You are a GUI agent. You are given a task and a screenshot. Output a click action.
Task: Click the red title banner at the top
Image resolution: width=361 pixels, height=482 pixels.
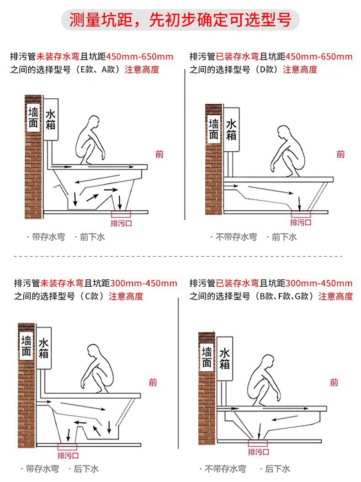coord(180,20)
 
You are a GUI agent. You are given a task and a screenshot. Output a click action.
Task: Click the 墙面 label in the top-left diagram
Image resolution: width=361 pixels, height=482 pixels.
coord(33,118)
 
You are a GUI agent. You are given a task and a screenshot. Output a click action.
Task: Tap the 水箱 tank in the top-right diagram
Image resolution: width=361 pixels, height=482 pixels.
coord(231,129)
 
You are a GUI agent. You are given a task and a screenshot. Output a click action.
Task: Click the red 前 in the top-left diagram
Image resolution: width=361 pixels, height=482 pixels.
coord(159,155)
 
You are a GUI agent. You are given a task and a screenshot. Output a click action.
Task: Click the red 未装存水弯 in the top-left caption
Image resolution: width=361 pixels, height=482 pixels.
coord(58,57)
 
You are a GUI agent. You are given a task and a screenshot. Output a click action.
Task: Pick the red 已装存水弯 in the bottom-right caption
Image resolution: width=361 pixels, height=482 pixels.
coord(238,283)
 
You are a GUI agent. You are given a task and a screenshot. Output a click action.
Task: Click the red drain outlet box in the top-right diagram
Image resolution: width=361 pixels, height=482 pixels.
coord(300,214)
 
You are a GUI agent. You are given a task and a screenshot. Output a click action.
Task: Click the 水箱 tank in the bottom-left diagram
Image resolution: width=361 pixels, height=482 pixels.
coord(44,348)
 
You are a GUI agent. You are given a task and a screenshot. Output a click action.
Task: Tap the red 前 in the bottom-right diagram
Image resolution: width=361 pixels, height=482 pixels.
coord(334,382)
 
